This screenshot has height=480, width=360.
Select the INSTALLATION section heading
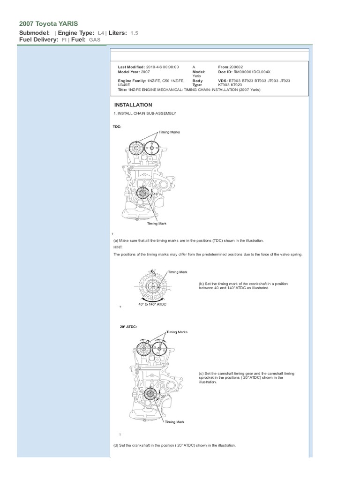click(x=133, y=105)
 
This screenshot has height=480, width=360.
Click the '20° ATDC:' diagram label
click(x=128, y=326)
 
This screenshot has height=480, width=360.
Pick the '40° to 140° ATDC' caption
click(x=152, y=304)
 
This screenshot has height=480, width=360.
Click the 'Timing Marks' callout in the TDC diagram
click(x=169, y=132)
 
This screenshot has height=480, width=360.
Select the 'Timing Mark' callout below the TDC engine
click(x=157, y=224)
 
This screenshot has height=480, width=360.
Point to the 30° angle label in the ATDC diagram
click(x=164, y=396)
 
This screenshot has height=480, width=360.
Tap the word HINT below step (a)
click(x=117, y=246)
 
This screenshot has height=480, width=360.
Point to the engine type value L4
click(x=101, y=33)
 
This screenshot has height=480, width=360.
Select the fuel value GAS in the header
click(x=95, y=40)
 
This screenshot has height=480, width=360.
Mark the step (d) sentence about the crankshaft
click(x=174, y=445)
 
